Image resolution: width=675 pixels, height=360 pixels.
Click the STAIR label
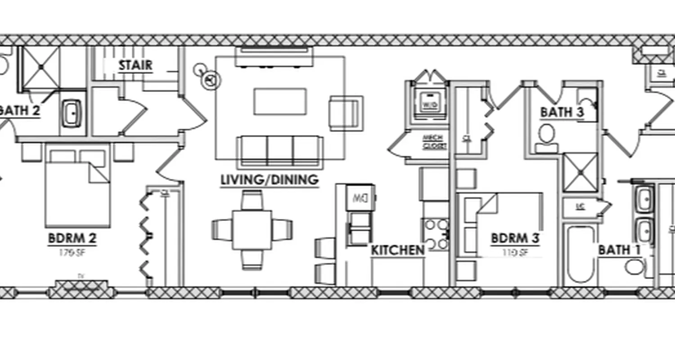click(x=135, y=66)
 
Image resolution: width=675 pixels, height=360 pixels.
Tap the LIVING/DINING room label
click(x=269, y=180)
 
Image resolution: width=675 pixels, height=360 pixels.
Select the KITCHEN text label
click(x=397, y=250)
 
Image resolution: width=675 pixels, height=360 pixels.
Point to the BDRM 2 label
click(x=72, y=238)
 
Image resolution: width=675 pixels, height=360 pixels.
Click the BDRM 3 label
click(x=515, y=238)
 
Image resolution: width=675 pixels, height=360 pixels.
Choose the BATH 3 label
click(x=562, y=112)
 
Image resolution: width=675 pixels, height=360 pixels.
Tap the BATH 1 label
click(x=619, y=250)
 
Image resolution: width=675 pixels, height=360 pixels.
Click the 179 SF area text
click(x=72, y=253)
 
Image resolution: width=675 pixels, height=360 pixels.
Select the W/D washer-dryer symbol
click(x=430, y=103)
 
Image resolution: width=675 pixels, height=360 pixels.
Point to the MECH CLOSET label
click(x=435, y=142)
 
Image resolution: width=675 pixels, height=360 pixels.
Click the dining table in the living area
click(x=252, y=229)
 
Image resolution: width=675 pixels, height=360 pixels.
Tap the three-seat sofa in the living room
click(x=279, y=151)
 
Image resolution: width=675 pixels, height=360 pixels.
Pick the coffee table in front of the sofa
click(x=280, y=101)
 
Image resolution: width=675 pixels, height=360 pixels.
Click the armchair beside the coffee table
click(x=346, y=113)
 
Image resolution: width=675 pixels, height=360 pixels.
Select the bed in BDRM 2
click(x=77, y=189)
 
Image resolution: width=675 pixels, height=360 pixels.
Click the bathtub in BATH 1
click(x=580, y=254)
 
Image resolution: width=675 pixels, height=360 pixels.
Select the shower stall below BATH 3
click(x=580, y=172)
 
